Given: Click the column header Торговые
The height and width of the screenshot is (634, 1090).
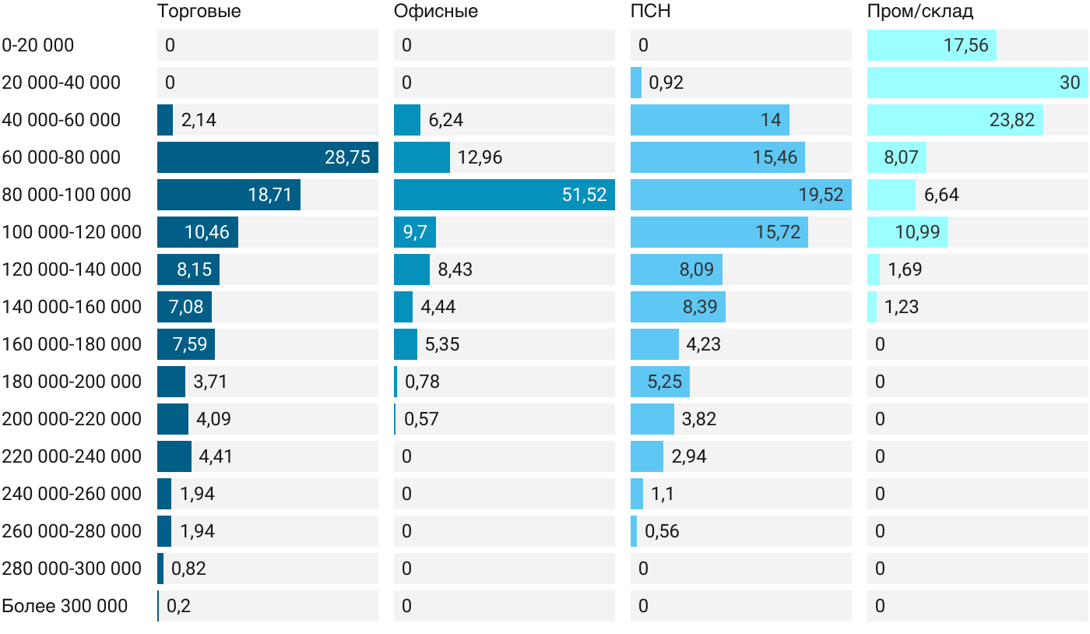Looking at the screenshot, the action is coord(199,11).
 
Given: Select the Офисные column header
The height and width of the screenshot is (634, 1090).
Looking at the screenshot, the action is coord(435,11).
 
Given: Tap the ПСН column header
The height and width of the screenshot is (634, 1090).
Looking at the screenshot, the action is coord(650,11).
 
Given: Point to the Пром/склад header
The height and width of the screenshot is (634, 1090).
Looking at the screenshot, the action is coord(919,11).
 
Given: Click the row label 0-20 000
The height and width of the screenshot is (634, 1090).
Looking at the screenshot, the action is coord(38,45).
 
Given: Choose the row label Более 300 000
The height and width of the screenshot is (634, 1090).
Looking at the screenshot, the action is coord(65,606).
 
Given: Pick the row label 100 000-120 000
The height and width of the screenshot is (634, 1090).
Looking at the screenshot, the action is coord(72,232).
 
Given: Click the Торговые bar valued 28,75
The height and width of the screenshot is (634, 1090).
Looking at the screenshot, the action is coord(268,157).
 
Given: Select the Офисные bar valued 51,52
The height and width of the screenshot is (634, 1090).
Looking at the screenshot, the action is coord(505,195).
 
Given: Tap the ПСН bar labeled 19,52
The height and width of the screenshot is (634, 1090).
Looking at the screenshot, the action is coord(741,195).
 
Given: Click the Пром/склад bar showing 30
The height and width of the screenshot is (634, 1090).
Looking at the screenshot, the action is coord(978,83).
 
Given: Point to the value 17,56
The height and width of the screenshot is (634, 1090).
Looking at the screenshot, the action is coord(966,45).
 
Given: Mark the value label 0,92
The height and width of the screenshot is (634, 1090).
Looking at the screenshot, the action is coord(666,83).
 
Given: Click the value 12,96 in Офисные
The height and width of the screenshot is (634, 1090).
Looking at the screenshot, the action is coord(480,157).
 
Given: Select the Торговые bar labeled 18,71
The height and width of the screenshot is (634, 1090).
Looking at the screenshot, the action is coord(229,195).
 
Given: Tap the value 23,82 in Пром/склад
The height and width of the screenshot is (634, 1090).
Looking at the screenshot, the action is coord(1012,120).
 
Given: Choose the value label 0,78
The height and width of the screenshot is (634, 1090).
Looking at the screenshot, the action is coord(422,382).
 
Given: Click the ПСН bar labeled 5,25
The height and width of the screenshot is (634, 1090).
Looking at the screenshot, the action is coord(660,382).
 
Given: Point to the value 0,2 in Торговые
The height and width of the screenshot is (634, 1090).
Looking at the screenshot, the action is coord(178,606).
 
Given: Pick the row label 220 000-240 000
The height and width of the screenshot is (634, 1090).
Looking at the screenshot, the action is coord(72,456).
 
